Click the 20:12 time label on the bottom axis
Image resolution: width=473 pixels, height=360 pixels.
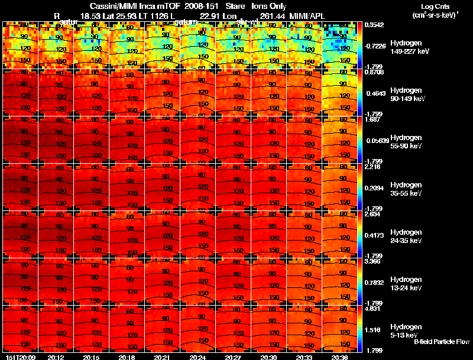(56, 357)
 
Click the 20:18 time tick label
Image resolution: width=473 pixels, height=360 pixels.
(127, 357)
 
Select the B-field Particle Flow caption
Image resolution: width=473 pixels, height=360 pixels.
(441, 342)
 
